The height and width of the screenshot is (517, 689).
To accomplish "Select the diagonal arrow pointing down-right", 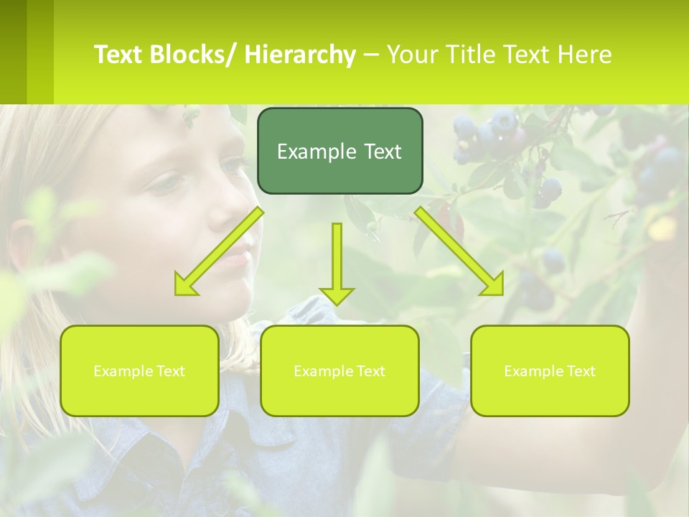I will point(460,251).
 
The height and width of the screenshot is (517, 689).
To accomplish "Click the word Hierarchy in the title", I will point(299,55).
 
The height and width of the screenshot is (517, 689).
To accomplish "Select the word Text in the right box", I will point(581,371).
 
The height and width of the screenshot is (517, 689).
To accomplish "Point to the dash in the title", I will point(372,55).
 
